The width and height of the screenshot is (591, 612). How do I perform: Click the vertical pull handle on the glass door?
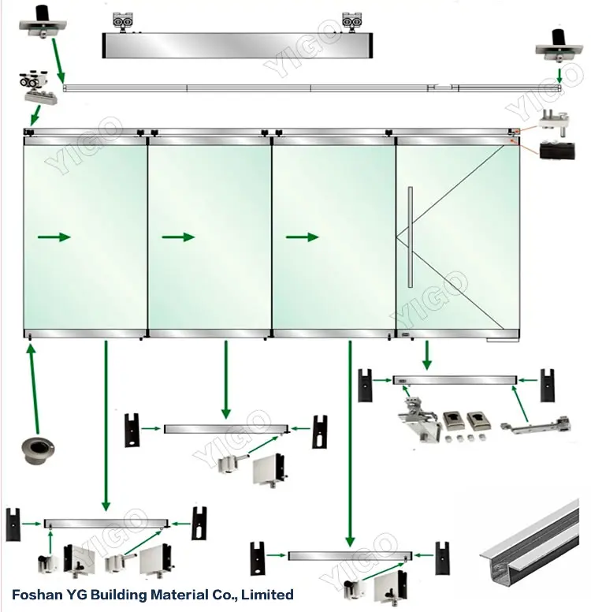pyautogui.click(x=410, y=236)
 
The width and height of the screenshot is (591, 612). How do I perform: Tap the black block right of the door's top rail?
pyautogui.click(x=556, y=151)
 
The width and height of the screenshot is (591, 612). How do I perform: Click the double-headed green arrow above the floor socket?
pyautogui.click(x=32, y=386)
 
